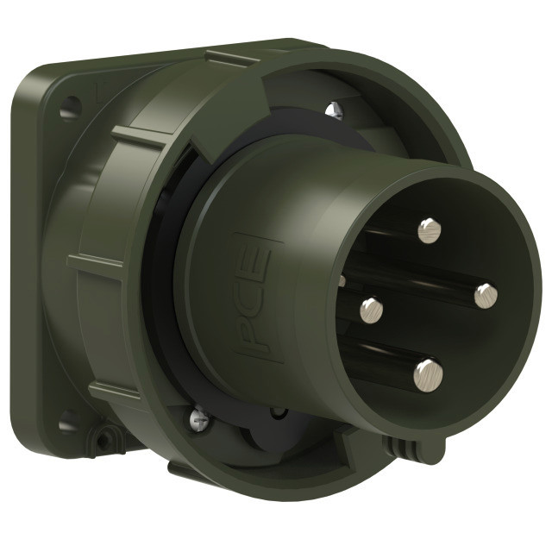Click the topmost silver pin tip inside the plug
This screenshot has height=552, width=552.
pos(430,230)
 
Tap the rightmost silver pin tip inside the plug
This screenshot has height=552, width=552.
pos(486,296)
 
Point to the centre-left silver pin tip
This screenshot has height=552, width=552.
pos(372,310)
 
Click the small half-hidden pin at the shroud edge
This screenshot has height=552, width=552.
pos(342,281)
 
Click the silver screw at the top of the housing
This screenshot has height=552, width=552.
pos(334,110)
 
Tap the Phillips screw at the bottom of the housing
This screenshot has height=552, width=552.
pos(199,417)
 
